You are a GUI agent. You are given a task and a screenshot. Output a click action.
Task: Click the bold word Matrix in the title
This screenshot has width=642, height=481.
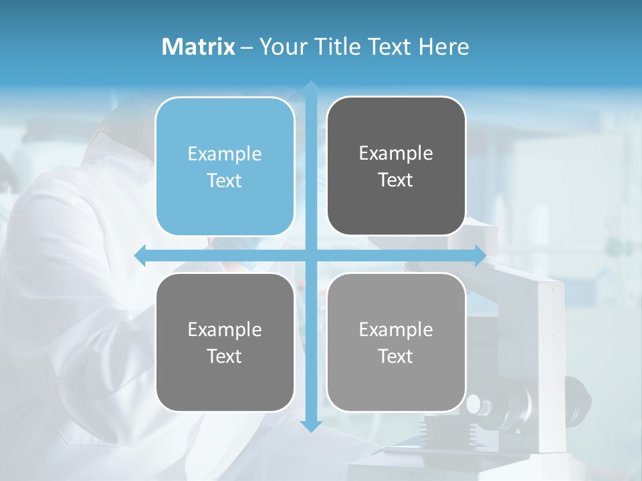(x=198, y=47)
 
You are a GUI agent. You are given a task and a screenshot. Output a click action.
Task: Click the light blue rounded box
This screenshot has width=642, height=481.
(x=225, y=167)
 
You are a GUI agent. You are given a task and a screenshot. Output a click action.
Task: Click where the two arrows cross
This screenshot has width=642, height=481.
(x=310, y=256)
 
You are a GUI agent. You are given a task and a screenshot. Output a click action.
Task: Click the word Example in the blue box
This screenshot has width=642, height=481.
(x=225, y=154)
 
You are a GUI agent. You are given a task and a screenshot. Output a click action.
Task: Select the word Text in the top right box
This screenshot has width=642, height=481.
(x=396, y=180)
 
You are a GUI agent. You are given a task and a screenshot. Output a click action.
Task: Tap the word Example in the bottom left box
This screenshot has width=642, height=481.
(x=225, y=329)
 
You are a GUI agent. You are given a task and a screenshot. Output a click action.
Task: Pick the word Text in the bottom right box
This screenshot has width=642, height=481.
(x=396, y=356)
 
